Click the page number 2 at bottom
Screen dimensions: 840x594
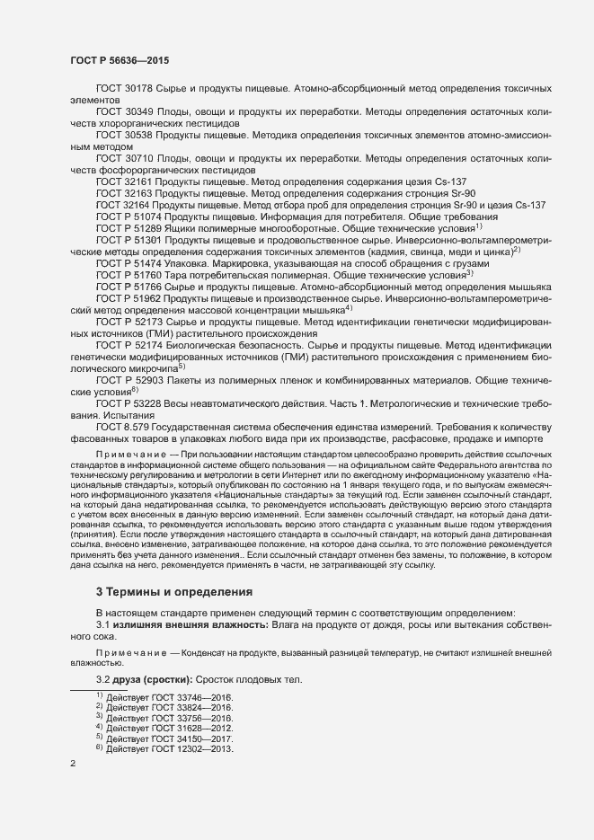point(73,765)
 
